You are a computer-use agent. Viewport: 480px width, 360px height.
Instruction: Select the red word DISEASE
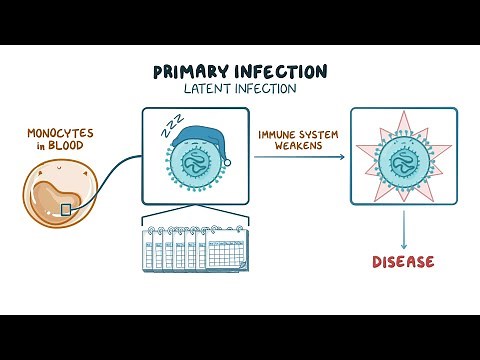403,262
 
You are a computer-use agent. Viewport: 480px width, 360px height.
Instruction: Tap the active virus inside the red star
403,165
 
